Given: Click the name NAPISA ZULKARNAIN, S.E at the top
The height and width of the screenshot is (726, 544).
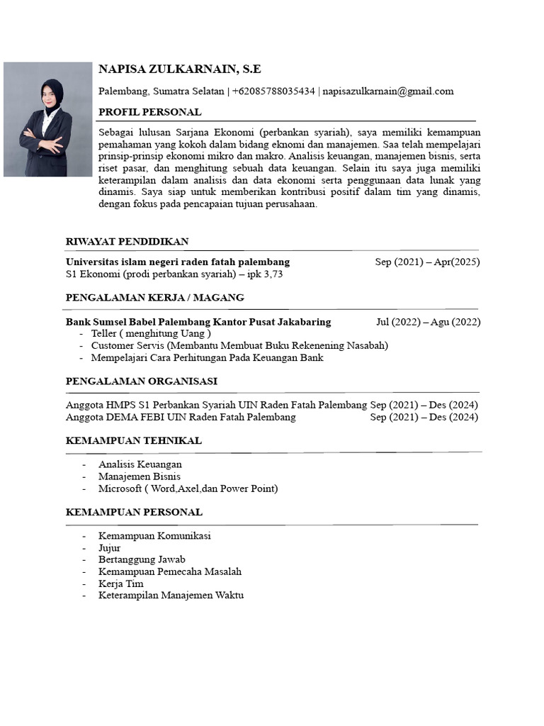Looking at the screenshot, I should pos(180,69).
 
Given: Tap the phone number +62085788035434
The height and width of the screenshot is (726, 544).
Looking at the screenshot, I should pos(273,91).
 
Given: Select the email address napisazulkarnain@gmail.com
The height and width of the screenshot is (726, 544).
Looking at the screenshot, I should pos(388,91).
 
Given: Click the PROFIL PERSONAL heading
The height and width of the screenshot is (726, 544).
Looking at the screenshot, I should pos(149,112).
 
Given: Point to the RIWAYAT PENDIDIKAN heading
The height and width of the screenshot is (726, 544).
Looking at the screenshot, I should pos(127,242).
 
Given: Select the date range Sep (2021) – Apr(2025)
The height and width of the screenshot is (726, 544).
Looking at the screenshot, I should pos(427,262).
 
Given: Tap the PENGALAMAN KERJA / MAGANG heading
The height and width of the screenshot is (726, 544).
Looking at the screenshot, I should pos(154,298).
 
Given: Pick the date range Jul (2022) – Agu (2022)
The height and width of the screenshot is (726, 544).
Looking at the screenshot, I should pos(428,322).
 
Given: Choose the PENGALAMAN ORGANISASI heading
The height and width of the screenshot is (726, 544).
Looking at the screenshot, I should pos(141,381).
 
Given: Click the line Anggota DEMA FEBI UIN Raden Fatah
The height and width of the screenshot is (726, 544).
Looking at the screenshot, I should pos(181,418).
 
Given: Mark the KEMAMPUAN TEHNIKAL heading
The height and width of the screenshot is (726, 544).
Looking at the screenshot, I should pos(133,441).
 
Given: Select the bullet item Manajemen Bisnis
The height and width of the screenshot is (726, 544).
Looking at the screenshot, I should pos(140,476).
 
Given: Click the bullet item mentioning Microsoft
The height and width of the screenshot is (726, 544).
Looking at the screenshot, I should pos(188,489).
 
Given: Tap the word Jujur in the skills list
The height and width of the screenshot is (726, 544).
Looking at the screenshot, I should pos(110,548).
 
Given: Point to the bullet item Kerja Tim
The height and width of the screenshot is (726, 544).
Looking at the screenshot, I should pos(121,583).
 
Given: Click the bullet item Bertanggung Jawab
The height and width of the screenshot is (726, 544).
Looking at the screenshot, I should pos(142,560).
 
